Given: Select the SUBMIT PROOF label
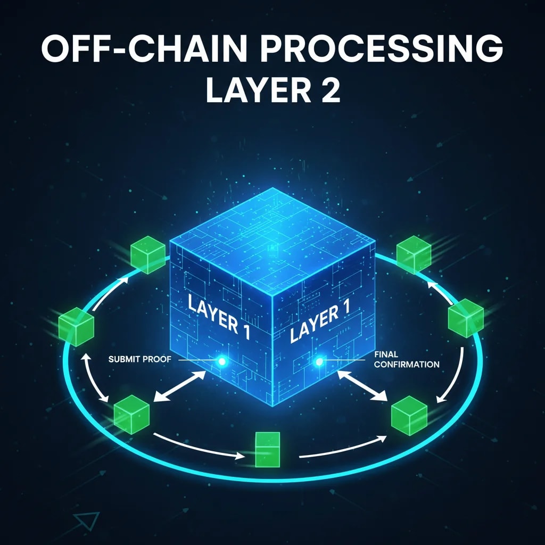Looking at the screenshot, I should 139,359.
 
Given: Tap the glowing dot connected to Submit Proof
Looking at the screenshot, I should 222,362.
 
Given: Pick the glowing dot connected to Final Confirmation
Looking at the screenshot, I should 319,362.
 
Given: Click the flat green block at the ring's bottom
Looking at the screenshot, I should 267,449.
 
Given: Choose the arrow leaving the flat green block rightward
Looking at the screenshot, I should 343,447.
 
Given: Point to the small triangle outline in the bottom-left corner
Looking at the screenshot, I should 86,521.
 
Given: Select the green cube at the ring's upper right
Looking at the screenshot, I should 414,254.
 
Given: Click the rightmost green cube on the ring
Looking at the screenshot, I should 465,318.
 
